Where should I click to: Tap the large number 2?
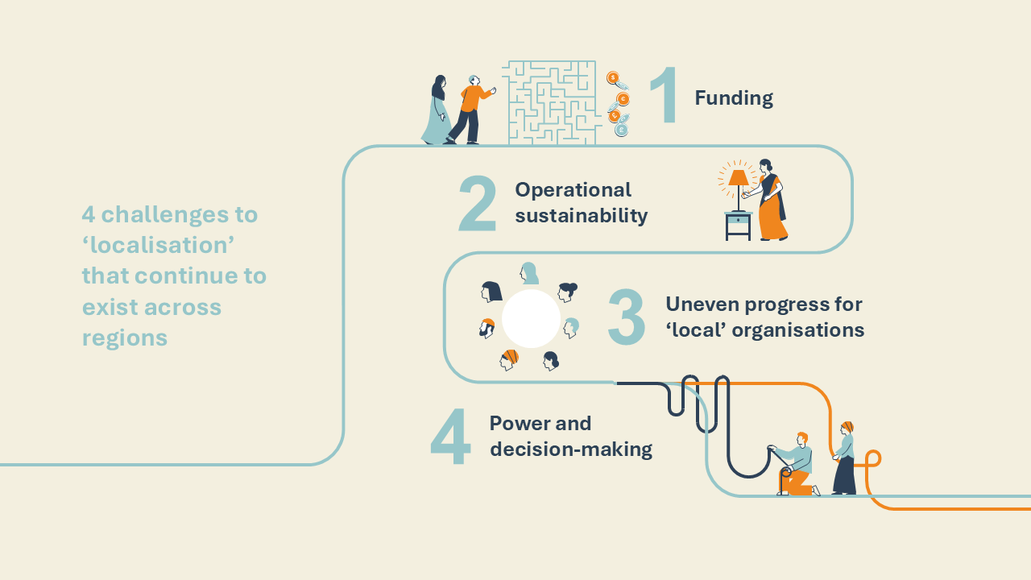tap(478, 204)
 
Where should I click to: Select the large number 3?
tap(626, 317)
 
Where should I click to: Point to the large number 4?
tap(450, 437)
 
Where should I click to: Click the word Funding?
tap(734, 97)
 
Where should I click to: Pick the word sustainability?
tap(582, 215)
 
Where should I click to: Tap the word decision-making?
tap(571, 449)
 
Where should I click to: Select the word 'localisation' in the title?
tap(159, 245)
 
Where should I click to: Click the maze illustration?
tap(552, 102)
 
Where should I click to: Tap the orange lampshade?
tap(739, 178)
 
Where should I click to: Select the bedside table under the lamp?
tap(739, 226)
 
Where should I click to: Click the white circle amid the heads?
tap(531, 318)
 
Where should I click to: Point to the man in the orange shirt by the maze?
tap(470, 110)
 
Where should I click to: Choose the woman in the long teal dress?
tap(437, 110)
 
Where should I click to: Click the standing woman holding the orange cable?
tap(845, 458)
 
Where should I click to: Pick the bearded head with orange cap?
tap(487, 328)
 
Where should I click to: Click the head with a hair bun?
tap(567, 292)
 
